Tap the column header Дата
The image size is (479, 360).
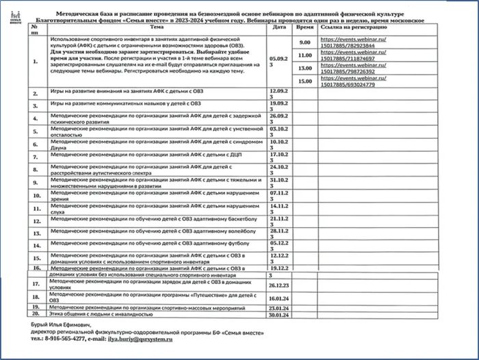(279, 28)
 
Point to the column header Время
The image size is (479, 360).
(305, 28)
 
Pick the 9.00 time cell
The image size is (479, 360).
(305, 43)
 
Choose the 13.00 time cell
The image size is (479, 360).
(305, 68)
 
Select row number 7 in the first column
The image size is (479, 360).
(36, 156)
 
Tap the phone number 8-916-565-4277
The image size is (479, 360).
(58, 338)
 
